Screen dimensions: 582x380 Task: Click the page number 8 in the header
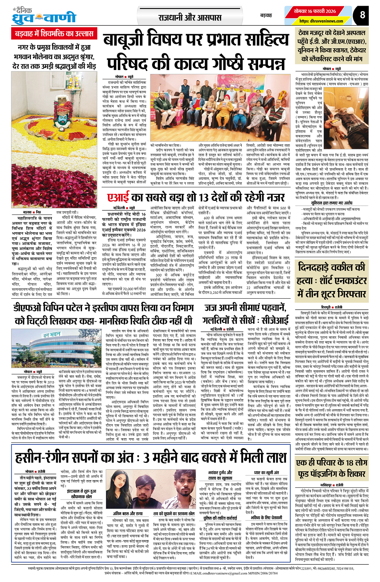tap(363, 15)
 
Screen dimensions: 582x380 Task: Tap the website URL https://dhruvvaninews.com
tap(321, 21)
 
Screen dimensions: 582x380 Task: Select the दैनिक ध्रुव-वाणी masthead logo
tap(44, 16)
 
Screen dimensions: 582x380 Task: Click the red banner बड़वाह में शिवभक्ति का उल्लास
tap(54, 34)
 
